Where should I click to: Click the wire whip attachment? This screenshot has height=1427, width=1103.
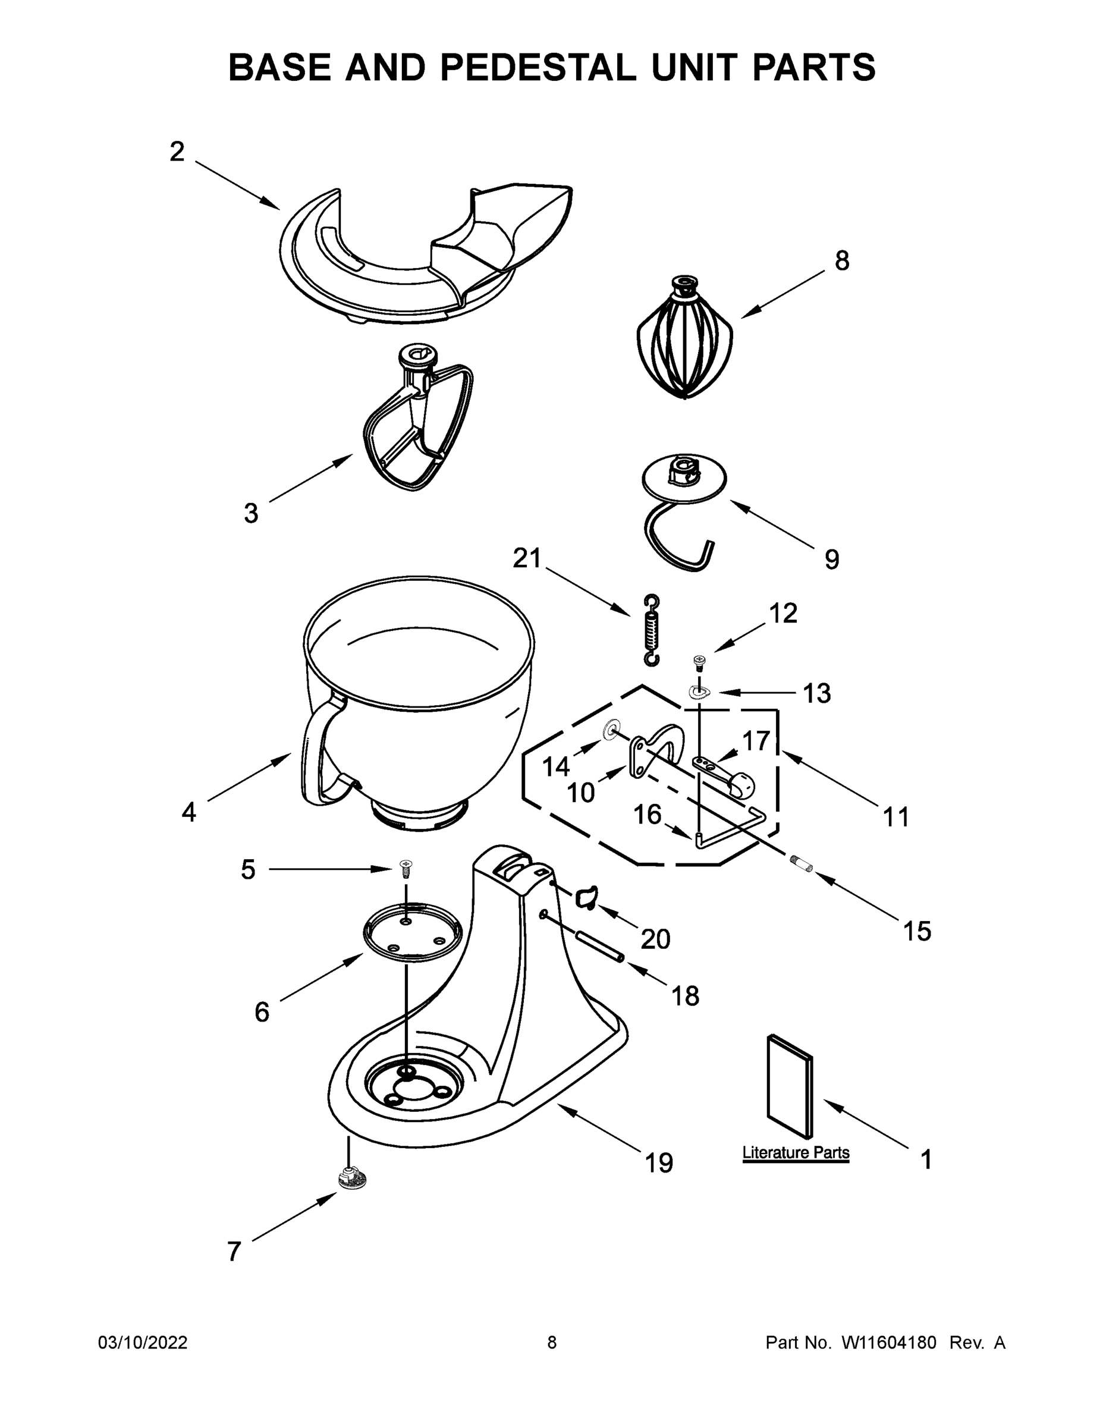[684, 343]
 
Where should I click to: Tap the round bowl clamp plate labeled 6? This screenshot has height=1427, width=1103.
[412, 933]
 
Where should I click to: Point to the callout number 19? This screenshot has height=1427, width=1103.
[659, 1162]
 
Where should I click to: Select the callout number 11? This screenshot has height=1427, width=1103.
[896, 817]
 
